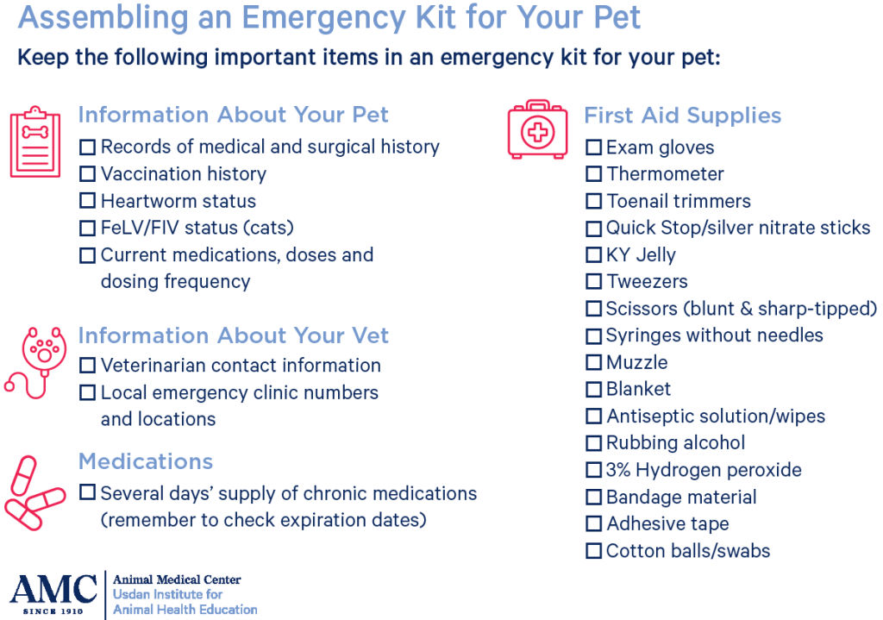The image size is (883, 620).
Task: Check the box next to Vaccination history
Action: (x=87, y=174)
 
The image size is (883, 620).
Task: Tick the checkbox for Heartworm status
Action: (x=87, y=201)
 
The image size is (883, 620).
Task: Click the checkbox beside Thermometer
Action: (x=593, y=174)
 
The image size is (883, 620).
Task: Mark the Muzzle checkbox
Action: (x=593, y=362)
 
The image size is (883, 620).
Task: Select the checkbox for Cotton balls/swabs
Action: (x=593, y=550)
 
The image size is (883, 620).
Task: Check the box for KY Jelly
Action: (x=593, y=255)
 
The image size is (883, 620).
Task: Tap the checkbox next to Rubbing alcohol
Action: (x=593, y=443)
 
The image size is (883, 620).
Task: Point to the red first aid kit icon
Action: (x=538, y=130)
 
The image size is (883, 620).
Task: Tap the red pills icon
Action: (x=34, y=492)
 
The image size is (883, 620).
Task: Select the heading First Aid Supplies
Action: (x=682, y=116)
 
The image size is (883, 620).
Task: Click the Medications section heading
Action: (x=145, y=461)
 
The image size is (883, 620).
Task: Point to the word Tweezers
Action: (x=647, y=282)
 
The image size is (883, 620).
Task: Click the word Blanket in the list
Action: (x=638, y=389)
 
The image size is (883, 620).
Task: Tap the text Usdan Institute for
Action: (x=168, y=594)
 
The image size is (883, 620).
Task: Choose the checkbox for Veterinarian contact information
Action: (x=87, y=366)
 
